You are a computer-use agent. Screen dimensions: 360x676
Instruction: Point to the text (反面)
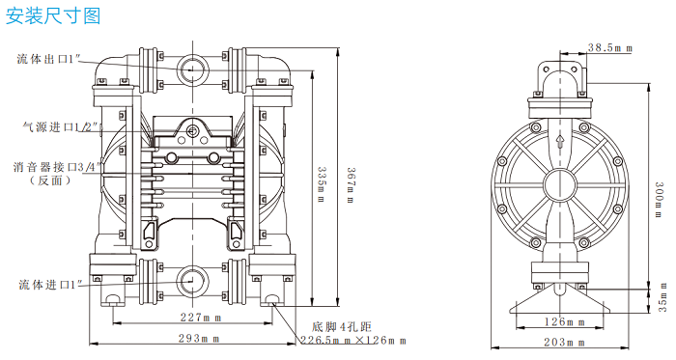click(x=47, y=180)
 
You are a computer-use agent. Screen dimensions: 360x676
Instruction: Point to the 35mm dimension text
click(x=662, y=305)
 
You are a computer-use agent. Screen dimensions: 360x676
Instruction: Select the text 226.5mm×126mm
click(x=352, y=341)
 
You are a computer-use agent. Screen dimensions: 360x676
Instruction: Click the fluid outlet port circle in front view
click(x=192, y=69)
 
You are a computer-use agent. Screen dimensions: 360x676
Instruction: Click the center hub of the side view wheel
click(x=559, y=183)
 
